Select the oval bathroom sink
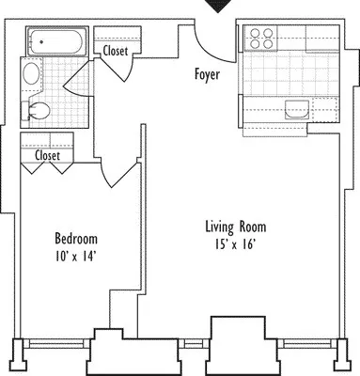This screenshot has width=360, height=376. point(31,74)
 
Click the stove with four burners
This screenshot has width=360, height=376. point(260,38)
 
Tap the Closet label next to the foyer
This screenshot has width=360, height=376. point(117,51)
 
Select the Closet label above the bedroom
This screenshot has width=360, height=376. point(48,156)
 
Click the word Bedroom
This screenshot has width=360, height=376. point(75,239)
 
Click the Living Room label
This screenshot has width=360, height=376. point(236,227)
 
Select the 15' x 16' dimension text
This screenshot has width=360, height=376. point(236,244)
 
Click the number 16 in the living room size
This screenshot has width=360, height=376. point(248,244)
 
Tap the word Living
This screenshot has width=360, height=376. point(220,227)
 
